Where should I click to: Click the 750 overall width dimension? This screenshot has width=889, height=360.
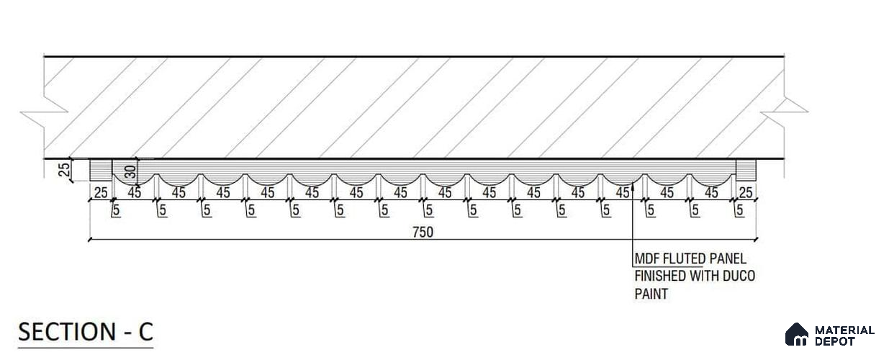point(423,232)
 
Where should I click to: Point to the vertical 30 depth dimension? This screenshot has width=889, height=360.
point(130,172)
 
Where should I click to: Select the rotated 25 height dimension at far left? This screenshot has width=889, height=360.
point(64,170)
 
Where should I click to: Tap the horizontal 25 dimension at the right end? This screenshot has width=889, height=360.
point(746,193)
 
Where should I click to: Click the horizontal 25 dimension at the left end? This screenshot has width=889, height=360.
point(101,193)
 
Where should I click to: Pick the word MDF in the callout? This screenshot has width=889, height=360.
point(647,258)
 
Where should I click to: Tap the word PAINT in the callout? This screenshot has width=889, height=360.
point(651,294)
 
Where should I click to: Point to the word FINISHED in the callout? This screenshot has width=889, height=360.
point(660,276)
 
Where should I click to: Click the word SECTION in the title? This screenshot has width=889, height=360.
point(67,332)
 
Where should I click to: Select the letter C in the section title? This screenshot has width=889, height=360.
point(145,332)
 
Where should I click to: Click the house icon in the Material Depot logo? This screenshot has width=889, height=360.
point(797,334)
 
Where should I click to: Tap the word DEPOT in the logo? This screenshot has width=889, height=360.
point(834,341)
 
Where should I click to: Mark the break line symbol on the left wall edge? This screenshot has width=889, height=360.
point(44,112)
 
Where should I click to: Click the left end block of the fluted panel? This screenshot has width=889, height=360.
point(100,170)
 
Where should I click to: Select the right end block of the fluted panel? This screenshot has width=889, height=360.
point(746,170)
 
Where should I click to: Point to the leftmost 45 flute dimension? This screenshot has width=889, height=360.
point(135,193)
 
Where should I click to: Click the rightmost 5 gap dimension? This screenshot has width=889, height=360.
point(740,210)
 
